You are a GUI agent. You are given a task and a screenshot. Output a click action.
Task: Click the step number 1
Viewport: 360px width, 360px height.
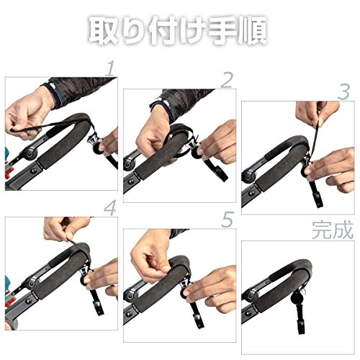pos(111,68)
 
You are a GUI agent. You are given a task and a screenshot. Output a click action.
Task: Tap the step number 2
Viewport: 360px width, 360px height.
pos(227,80)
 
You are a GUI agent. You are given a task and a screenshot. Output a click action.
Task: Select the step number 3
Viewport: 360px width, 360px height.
pos(344,92)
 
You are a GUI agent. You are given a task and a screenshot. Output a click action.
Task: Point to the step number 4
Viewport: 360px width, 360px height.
pos(110,208)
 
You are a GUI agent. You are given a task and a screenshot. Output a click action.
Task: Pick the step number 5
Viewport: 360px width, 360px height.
pos(228,220)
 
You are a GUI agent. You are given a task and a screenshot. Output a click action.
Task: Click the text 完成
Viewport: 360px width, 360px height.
pos(333,230)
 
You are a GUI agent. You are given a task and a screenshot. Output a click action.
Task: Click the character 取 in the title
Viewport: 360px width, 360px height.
pos(104,30)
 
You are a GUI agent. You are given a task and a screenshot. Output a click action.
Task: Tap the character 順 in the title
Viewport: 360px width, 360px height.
pos(253,30)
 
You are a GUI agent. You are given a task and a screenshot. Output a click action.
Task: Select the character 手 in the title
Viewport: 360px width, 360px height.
pos(222,30)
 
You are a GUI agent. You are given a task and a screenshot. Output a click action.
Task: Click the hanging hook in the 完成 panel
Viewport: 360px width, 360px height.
pos(300,319)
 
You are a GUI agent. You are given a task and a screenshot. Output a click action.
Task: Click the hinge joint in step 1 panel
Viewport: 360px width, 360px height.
pos(32,153)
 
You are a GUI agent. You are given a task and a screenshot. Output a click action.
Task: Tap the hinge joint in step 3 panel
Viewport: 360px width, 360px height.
pos(248,176)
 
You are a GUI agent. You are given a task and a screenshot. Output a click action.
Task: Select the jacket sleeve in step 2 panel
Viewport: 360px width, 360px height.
pos(182,102)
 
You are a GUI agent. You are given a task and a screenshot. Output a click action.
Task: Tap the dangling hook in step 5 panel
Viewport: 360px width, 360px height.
pos(197,315)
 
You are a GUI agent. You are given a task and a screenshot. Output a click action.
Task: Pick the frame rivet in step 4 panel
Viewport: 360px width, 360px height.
pos(29,301)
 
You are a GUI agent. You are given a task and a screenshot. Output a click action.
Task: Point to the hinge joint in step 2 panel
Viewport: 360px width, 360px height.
pos(129,164)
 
